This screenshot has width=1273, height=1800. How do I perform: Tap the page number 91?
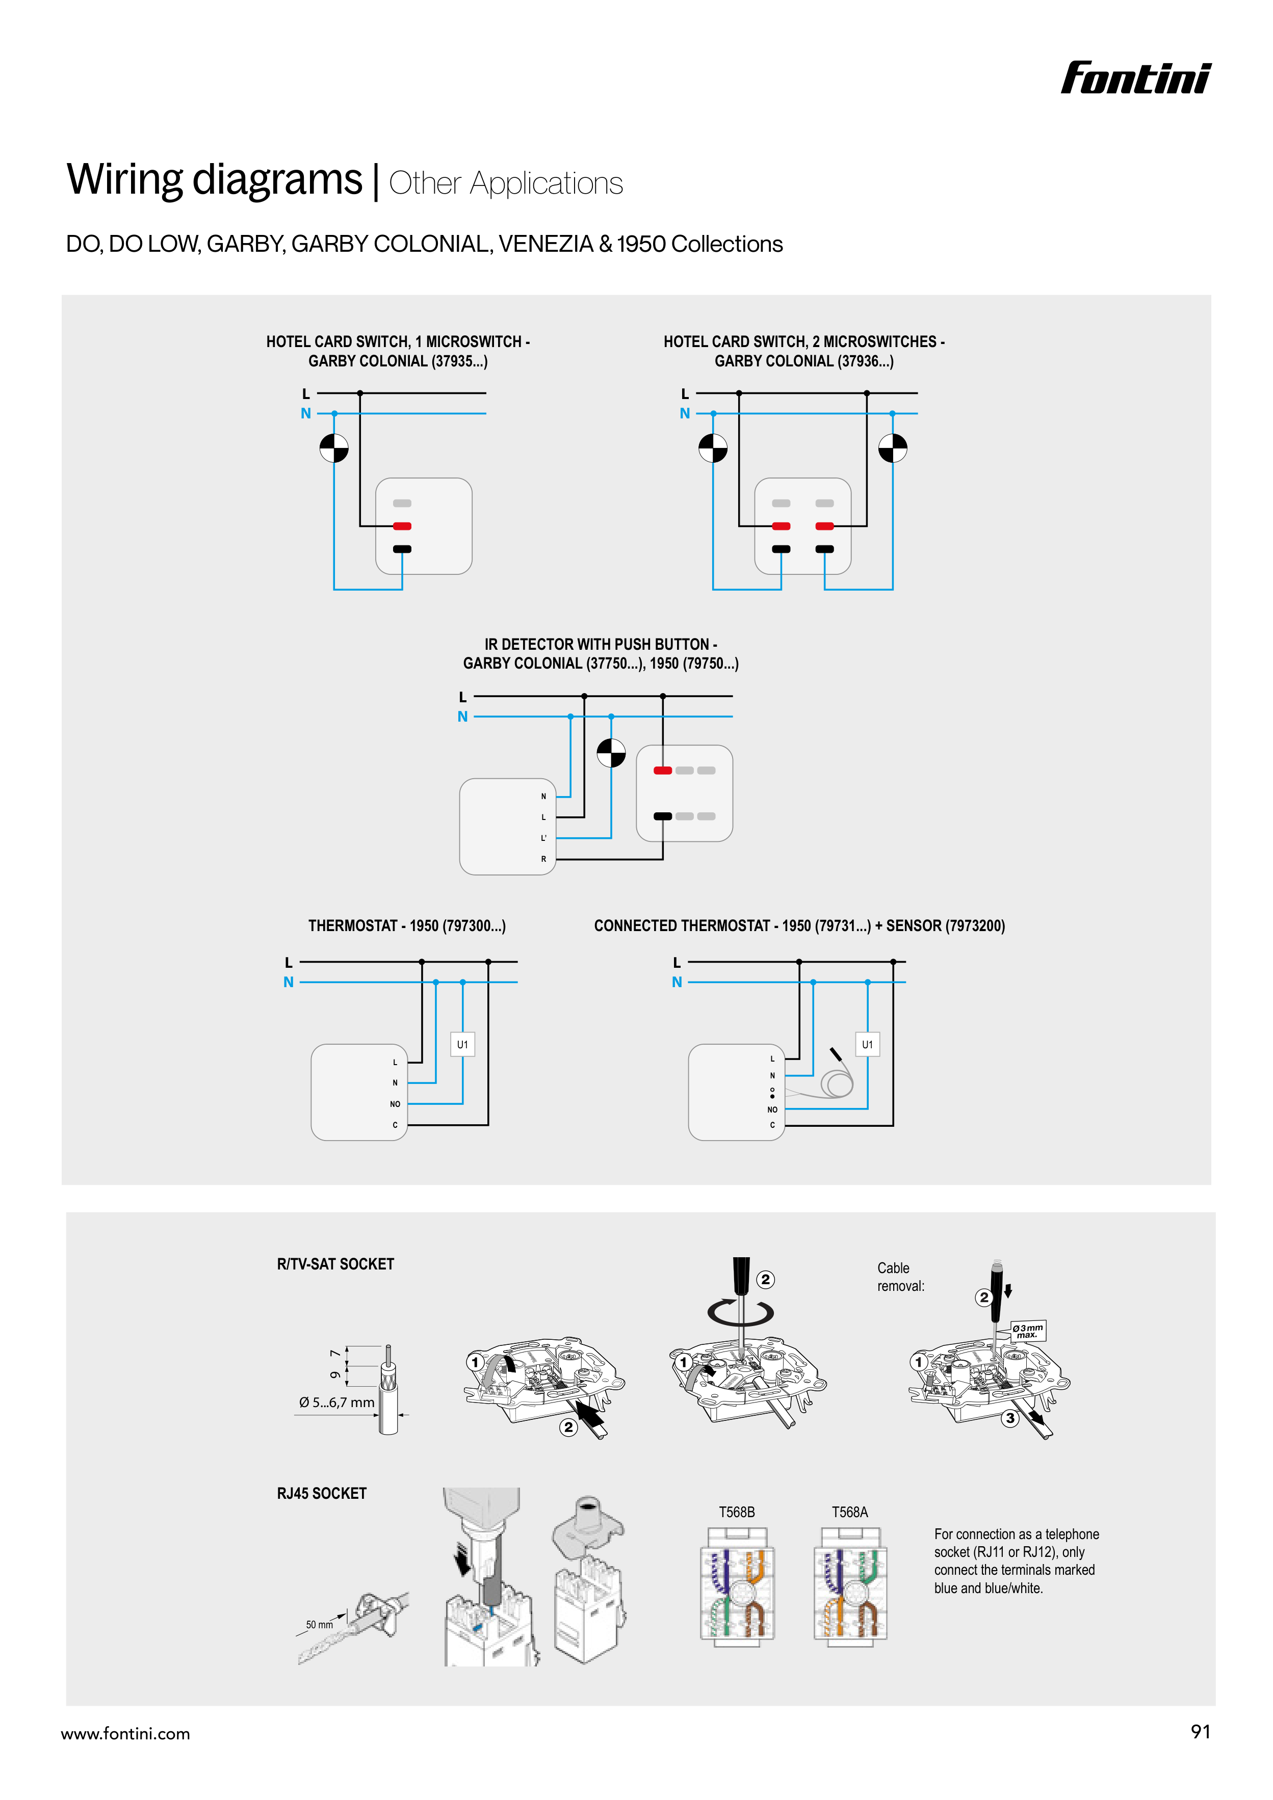[1200, 1731]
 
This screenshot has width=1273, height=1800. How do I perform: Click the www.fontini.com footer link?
[125, 1733]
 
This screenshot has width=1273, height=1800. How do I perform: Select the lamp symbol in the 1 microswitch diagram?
[333, 448]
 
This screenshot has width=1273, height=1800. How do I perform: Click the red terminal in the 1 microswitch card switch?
[402, 526]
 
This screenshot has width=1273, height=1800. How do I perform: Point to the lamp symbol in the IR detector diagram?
[611, 753]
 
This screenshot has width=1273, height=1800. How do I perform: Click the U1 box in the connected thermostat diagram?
[867, 1044]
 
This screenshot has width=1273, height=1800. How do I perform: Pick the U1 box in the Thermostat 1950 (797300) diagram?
[462, 1044]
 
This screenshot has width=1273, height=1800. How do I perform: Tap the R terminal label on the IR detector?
[543, 859]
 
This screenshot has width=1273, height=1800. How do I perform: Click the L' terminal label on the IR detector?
[543, 838]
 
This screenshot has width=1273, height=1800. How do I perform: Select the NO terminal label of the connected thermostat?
[772, 1109]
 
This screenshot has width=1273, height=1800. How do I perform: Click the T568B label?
[737, 1512]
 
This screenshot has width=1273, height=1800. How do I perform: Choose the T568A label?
[849, 1512]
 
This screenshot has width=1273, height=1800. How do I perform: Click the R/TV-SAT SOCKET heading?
[335, 1264]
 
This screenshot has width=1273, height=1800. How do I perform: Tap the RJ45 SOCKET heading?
[322, 1494]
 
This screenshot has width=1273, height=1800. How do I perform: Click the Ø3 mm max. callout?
[1027, 1331]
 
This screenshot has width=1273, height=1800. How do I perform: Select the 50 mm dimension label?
[319, 1624]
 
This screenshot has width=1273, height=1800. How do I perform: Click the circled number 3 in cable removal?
[1010, 1418]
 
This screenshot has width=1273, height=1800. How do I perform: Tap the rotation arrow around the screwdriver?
[740, 1312]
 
